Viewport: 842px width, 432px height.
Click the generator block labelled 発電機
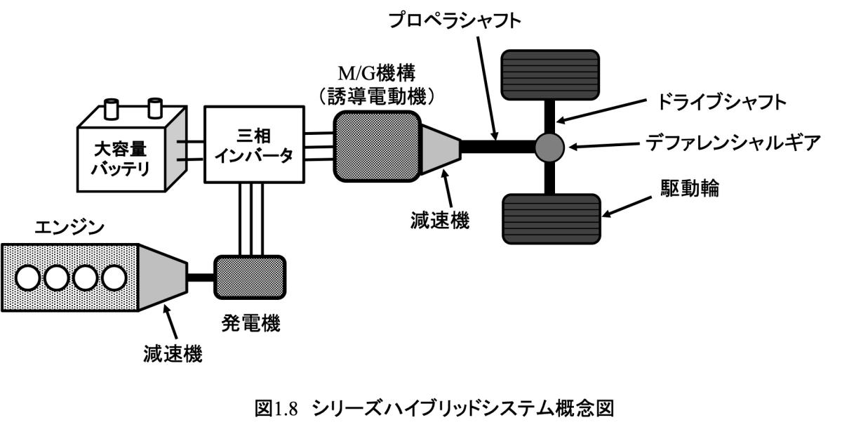click(x=250, y=277)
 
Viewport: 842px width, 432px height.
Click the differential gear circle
click(x=549, y=146)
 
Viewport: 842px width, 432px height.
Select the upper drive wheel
click(x=549, y=74)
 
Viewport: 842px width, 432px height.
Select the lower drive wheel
click(x=549, y=218)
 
